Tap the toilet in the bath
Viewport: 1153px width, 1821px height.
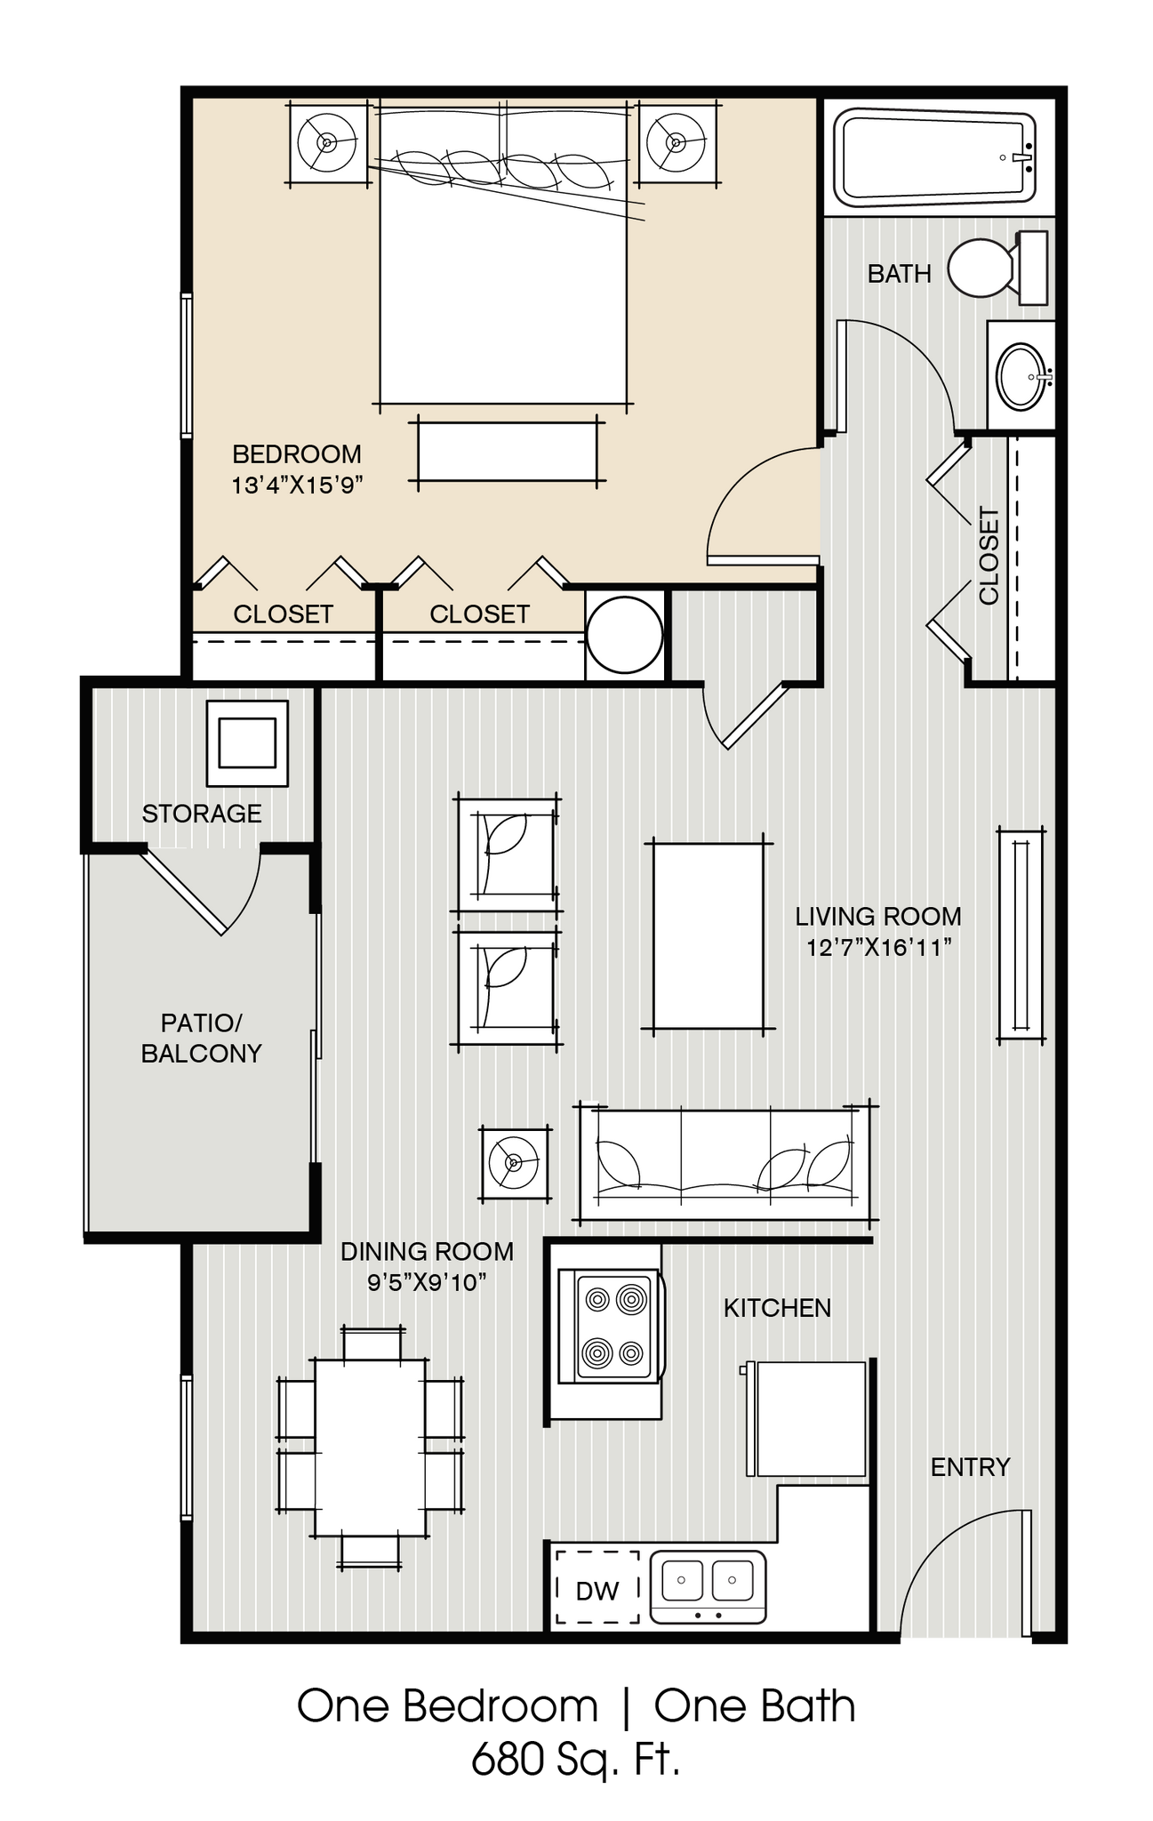983,269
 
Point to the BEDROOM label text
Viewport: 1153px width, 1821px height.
297,454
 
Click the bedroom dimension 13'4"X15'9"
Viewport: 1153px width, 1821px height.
298,485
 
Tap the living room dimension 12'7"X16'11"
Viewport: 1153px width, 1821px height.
878,948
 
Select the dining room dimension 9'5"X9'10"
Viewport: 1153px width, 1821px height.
427,1282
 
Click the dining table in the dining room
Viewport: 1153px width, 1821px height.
371,1447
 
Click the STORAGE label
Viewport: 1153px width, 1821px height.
202,814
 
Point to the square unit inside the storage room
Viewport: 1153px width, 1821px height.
247,743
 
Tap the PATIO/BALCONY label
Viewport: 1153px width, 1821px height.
202,1038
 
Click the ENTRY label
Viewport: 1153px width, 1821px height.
970,1467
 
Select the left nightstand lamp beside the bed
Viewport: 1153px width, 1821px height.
327,142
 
